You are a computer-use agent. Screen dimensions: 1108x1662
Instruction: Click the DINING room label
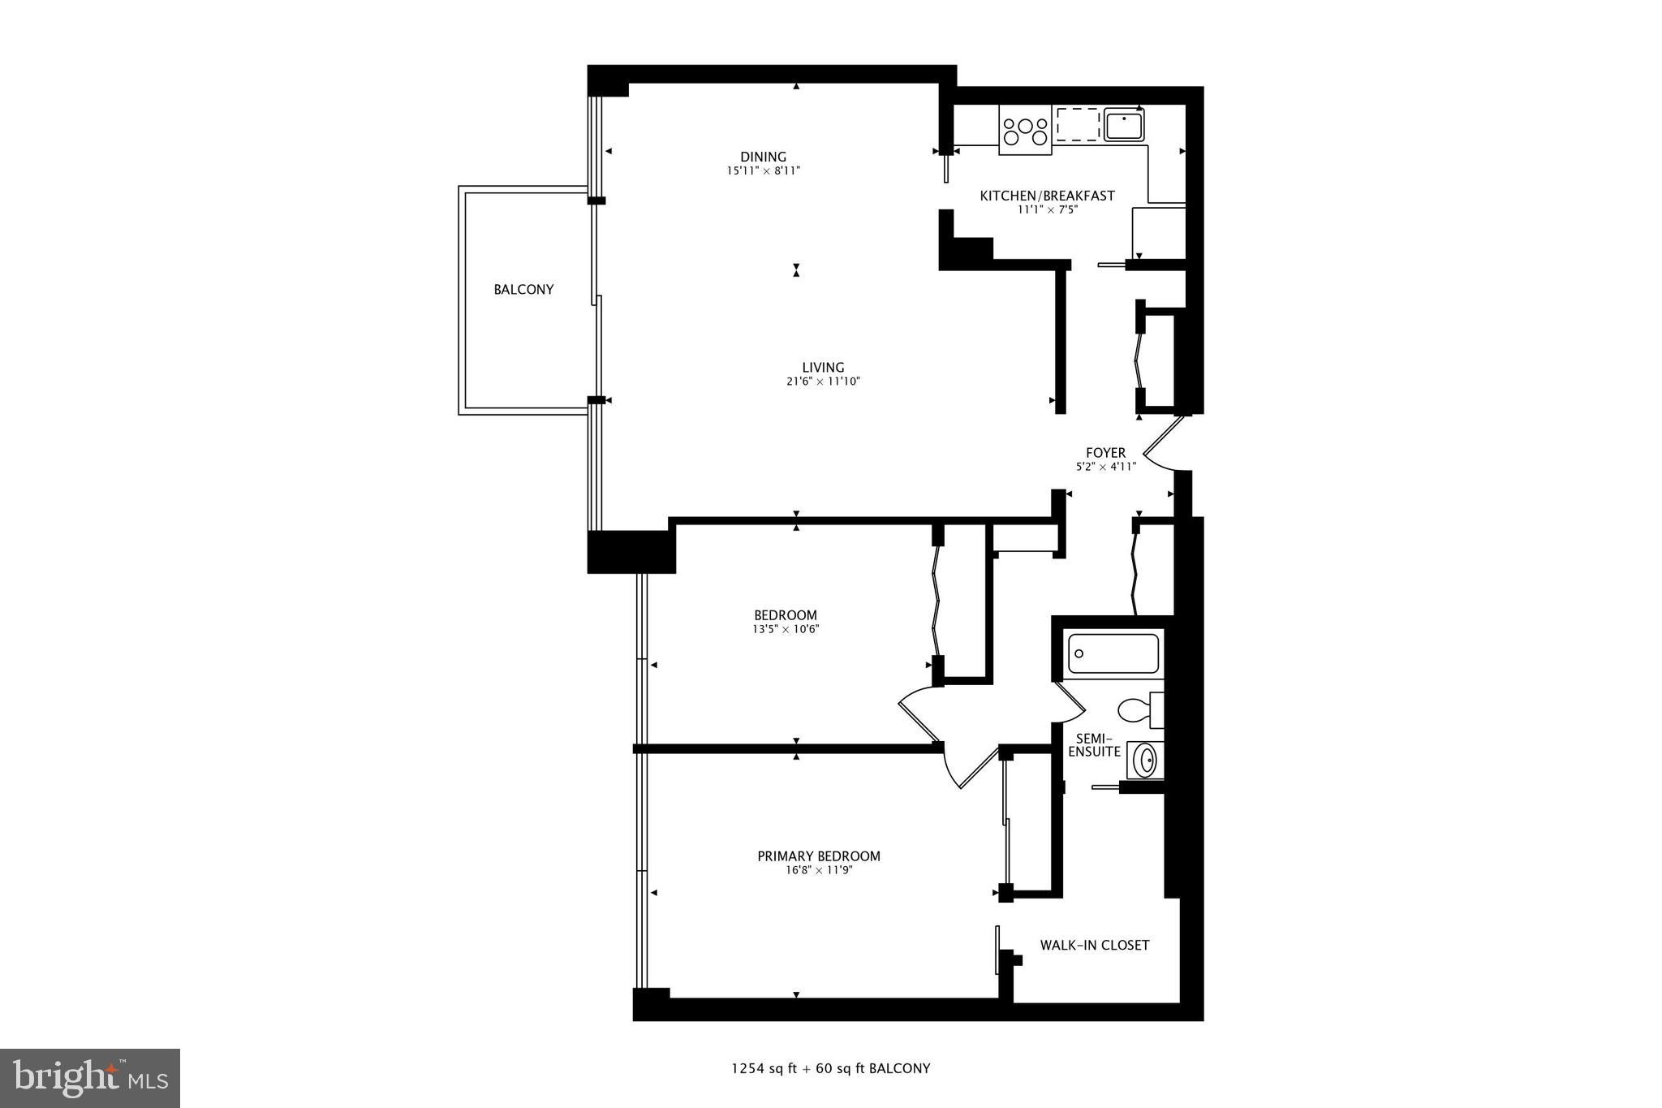click(x=763, y=157)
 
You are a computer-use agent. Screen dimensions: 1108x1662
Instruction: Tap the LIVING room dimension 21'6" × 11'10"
click(x=823, y=382)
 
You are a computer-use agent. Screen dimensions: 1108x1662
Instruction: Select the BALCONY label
click(x=523, y=289)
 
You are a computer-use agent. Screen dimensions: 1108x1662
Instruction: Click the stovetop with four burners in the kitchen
click(x=1025, y=130)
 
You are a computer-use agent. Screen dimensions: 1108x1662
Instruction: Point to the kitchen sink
click(x=1124, y=126)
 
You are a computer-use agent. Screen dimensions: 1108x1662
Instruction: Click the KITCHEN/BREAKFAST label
click(x=1047, y=196)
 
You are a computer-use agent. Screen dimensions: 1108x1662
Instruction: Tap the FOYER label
click(x=1105, y=453)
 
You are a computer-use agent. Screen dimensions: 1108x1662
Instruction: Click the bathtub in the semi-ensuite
click(x=1113, y=653)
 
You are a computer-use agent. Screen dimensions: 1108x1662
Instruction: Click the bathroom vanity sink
click(x=1145, y=761)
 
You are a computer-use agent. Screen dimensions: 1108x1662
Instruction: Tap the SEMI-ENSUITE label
click(x=1093, y=745)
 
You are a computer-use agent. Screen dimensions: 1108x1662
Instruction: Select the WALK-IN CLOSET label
click(x=1095, y=945)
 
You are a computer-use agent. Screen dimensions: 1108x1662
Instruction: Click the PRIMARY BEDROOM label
click(x=818, y=856)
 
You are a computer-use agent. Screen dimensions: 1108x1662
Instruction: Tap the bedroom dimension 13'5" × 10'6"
click(x=785, y=629)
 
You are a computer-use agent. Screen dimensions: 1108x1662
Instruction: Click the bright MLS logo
click(x=90, y=1078)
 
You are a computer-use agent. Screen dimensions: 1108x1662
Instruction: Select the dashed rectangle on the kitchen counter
click(x=1078, y=124)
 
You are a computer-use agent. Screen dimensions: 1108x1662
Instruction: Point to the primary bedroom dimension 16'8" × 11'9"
click(x=818, y=870)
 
